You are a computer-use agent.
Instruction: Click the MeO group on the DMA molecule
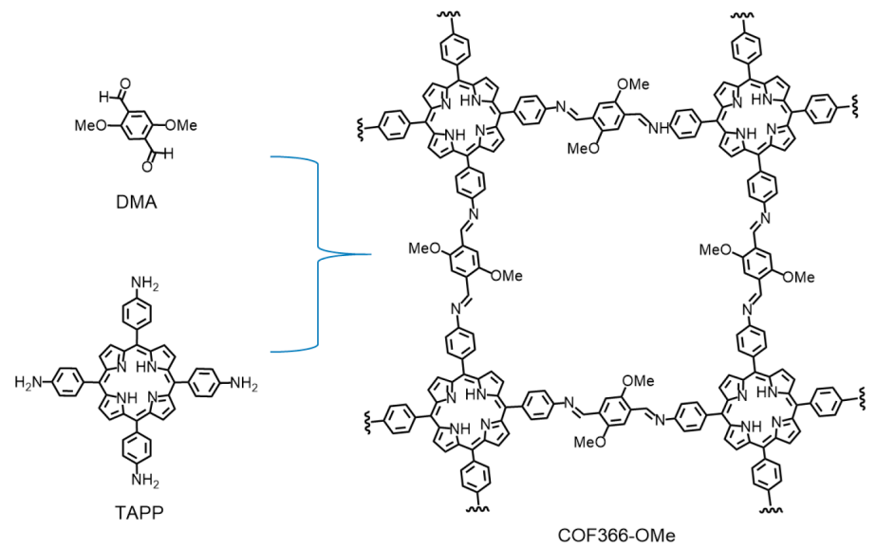(x=92, y=123)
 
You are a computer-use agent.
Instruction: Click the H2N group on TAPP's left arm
(x=27, y=383)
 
